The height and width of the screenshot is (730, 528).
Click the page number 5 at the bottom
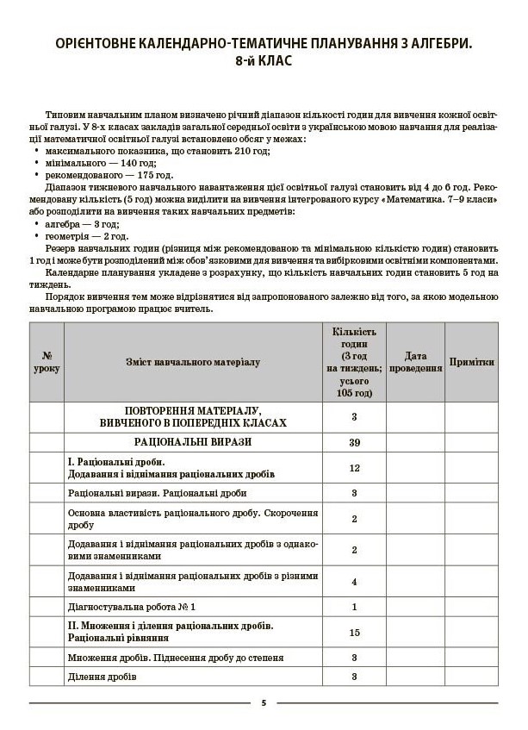pyautogui.click(x=264, y=703)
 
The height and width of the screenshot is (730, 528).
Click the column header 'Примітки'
pyautogui.click(x=471, y=362)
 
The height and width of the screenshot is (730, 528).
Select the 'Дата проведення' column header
pyautogui.click(x=414, y=362)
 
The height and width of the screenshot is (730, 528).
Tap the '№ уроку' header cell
pyautogui.click(x=47, y=362)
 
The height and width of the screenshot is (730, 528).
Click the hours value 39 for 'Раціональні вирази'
pyautogui.click(x=354, y=442)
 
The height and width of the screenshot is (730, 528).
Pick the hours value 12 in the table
pyautogui.click(x=354, y=468)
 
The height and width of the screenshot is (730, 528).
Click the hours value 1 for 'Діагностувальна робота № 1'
pyautogui.click(x=354, y=607)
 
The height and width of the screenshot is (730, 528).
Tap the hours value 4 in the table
pyautogui.click(x=354, y=582)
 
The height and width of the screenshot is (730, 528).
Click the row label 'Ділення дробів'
pyautogui.click(x=102, y=677)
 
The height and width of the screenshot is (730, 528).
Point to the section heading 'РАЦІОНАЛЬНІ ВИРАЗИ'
pyautogui.click(x=192, y=442)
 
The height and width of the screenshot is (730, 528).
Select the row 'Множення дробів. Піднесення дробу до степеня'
pyautogui.click(x=175, y=658)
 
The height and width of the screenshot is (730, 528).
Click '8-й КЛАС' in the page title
pyautogui.click(x=264, y=61)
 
